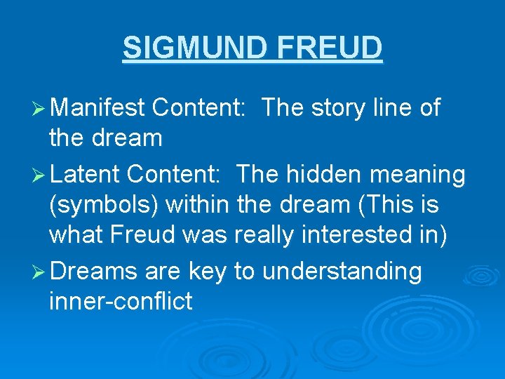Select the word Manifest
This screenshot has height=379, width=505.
97,107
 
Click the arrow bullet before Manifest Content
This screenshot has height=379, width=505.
41,108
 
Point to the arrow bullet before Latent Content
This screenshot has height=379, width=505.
41,174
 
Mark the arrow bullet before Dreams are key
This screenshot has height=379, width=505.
41,272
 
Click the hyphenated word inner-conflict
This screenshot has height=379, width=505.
121,302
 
